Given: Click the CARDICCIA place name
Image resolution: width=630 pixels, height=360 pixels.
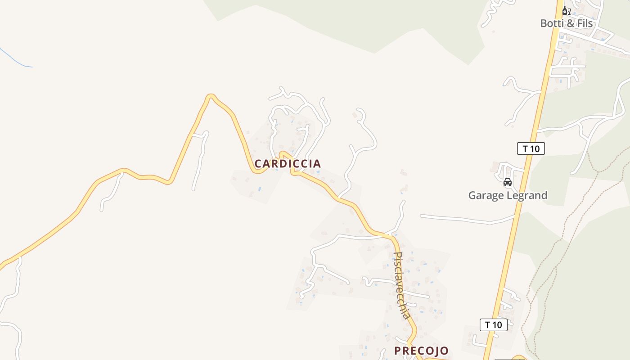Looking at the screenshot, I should [x=288, y=164].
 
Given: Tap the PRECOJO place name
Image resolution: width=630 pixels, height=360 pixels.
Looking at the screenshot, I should [x=421, y=351].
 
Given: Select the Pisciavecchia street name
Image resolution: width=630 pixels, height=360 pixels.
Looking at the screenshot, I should [x=402, y=285].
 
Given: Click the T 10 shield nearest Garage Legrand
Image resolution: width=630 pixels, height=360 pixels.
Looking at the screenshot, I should [x=531, y=148].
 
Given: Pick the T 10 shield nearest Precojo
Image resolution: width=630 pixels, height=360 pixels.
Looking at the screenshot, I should [x=493, y=325].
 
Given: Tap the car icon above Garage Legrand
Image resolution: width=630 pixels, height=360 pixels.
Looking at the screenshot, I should [x=508, y=182].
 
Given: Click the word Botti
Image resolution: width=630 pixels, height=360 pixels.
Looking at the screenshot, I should [x=552, y=23].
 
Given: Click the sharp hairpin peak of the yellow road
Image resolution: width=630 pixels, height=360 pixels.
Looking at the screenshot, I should [x=210, y=95].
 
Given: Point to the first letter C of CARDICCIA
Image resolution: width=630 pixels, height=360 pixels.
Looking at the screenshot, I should [x=258, y=164].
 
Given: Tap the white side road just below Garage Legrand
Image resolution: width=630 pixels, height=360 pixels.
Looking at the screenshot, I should [x=468, y=220].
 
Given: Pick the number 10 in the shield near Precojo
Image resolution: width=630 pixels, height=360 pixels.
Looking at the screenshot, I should [x=496, y=325].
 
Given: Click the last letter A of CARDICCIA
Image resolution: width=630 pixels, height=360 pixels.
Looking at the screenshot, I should [x=318, y=164].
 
